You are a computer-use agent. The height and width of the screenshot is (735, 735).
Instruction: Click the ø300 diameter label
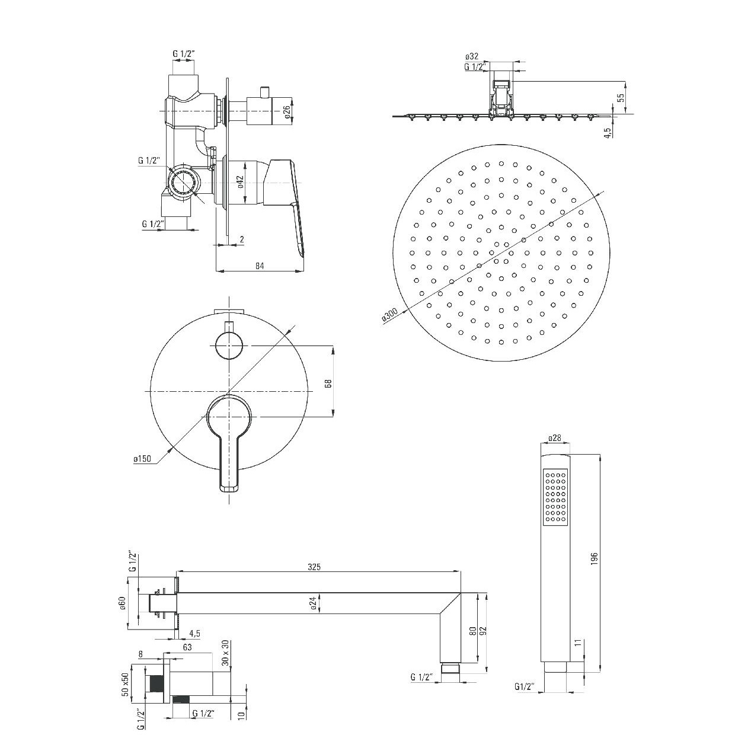[389, 315]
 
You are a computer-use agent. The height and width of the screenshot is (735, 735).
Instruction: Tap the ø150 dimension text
[142, 459]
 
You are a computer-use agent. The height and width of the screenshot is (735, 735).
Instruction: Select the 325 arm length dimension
[314, 577]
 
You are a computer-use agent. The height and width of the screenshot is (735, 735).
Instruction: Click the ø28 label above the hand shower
[555, 438]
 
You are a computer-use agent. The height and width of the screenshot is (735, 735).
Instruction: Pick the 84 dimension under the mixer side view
[260, 266]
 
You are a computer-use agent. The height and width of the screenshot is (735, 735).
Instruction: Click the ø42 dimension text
[240, 182]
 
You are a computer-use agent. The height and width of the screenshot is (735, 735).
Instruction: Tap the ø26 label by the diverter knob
[287, 111]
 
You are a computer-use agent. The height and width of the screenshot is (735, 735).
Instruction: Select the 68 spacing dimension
[329, 384]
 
